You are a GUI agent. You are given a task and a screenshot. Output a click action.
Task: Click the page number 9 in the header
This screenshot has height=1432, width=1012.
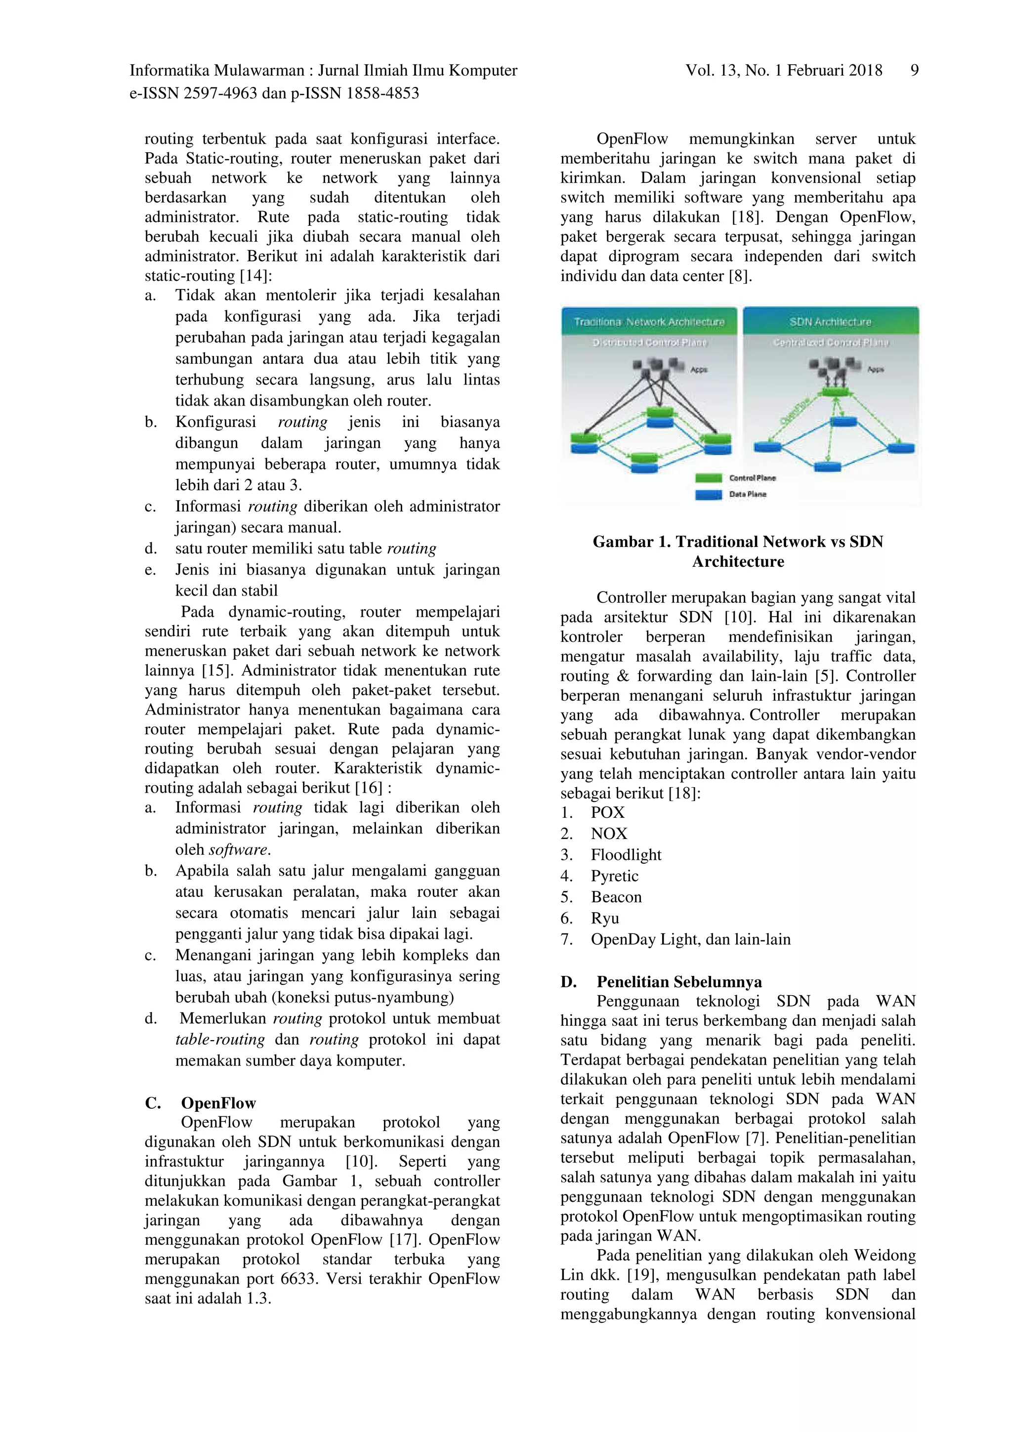click(x=914, y=71)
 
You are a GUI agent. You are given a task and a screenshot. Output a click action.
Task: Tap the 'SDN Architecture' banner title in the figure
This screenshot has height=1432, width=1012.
click(x=830, y=322)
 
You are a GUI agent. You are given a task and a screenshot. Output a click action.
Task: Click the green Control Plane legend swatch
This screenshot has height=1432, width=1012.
click(x=708, y=478)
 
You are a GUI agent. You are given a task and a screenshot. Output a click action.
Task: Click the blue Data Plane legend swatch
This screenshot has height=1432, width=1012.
click(x=708, y=495)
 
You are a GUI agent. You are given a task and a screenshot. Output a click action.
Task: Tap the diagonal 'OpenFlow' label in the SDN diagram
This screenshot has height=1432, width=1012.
click(x=795, y=411)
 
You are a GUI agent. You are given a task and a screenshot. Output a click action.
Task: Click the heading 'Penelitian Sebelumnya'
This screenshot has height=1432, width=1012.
click(x=678, y=982)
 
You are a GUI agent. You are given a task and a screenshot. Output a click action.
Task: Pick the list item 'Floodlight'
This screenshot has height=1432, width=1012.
click(x=626, y=854)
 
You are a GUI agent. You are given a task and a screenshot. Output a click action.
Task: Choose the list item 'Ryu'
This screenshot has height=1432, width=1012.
click(x=605, y=918)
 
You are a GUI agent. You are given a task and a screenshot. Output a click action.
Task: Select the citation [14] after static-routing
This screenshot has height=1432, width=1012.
click(x=255, y=276)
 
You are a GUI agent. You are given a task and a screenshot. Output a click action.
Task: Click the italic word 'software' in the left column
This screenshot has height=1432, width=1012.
click(x=238, y=849)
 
